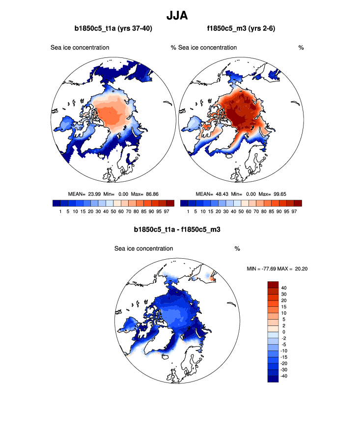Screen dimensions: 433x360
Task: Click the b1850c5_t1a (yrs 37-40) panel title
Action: [112, 29]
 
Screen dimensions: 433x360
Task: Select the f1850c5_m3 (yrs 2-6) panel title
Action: [241, 29]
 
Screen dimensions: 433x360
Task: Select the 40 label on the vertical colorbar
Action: [284, 288]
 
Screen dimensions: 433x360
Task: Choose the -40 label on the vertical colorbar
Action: [283, 376]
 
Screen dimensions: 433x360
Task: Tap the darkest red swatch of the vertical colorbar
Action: [273, 284]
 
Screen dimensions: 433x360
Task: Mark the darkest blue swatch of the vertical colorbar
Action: [273, 379]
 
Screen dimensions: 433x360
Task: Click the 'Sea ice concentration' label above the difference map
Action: [143, 248]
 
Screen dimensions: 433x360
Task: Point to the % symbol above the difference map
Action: [237, 248]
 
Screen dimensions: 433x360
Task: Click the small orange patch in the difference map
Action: [213, 279]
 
